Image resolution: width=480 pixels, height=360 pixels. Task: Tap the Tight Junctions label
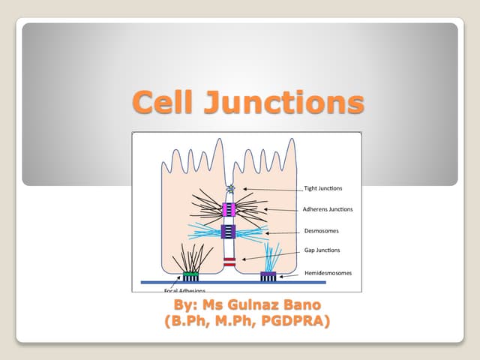click(x=323, y=187)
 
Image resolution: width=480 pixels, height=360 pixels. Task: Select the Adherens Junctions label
click(x=328, y=209)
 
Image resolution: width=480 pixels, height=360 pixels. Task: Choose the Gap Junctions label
click(x=322, y=250)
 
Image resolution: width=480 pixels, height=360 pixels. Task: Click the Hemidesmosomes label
click(x=328, y=273)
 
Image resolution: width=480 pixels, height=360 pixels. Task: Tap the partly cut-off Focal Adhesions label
click(x=186, y=289)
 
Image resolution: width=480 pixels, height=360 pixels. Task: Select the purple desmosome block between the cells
click(x=229, y=231)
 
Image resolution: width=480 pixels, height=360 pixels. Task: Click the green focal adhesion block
click(x=190, y=275)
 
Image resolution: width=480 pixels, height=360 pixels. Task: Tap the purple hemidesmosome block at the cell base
click(x=268, y=276)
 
